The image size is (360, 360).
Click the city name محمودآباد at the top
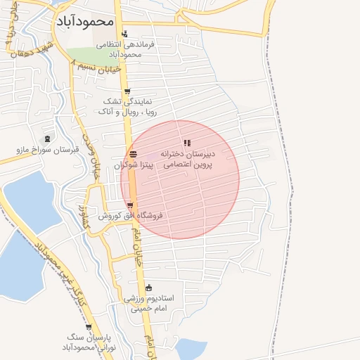point(83,20)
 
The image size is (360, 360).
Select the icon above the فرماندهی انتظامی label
point(124,34)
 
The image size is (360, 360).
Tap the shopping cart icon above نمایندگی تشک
point(127,91)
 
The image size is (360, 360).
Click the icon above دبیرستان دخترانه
point(187,143)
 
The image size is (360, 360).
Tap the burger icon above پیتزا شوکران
point(134,155)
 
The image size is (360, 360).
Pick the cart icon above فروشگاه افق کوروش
point(129,205)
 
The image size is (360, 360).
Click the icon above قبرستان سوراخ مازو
point(47,139)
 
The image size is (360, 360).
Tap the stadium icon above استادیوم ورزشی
point(148,288)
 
